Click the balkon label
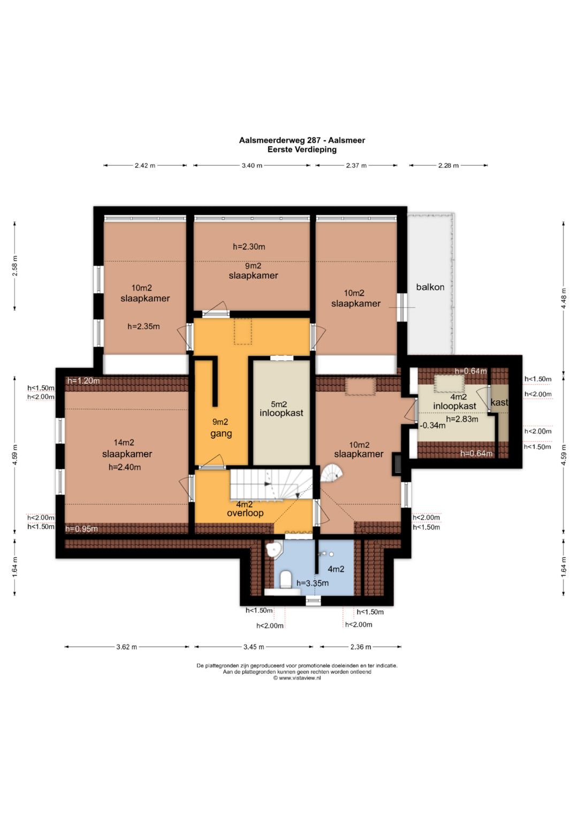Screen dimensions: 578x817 click(430, 287)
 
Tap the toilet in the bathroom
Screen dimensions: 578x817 click(285, 580)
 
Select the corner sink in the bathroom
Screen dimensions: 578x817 click(273, 549)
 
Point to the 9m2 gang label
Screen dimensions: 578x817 click(220, 428)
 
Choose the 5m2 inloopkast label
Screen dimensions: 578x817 click(282, 409)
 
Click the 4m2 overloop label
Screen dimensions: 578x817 click(245, 509)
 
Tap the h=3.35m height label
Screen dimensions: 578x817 click(313, 583)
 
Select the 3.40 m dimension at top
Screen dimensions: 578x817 click(252, 165)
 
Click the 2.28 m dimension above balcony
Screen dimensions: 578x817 click(448, 165)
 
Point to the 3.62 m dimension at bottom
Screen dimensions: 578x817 click(127, 647)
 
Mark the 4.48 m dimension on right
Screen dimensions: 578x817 click(564, 299)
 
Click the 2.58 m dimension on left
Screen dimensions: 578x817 click(14, 266)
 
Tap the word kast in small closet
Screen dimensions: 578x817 click(499, 402)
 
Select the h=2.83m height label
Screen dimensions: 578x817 click(462, 419)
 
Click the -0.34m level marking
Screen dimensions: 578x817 click(432, 425)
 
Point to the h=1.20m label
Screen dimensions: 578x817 click(83, 381)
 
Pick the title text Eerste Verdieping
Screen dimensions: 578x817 click(302, 149)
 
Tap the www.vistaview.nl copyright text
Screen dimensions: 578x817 click(296, 678)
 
